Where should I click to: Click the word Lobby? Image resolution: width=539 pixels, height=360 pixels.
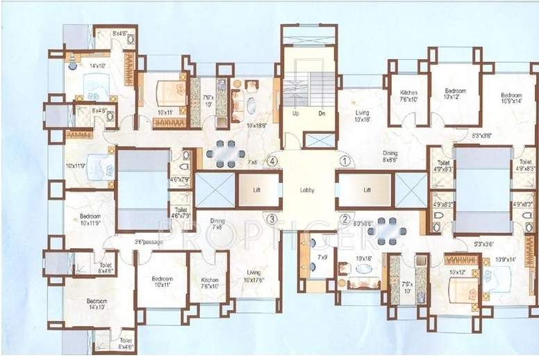(308, 190)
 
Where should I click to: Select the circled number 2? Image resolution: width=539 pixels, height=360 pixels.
(345, 219)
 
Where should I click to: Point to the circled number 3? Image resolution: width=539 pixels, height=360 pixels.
(272, 219)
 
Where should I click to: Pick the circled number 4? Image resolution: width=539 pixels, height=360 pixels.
(273, 161)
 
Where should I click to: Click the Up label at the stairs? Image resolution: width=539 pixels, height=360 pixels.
(295, 113)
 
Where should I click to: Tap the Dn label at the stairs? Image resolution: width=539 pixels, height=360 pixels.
(322, 113)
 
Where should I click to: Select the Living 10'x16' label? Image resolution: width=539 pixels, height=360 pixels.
(362, 115)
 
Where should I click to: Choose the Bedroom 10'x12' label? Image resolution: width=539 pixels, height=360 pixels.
(455, 94)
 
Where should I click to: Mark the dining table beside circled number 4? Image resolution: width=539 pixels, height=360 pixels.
(225, 153)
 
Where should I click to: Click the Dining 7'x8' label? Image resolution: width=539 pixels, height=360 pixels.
(217, 224)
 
